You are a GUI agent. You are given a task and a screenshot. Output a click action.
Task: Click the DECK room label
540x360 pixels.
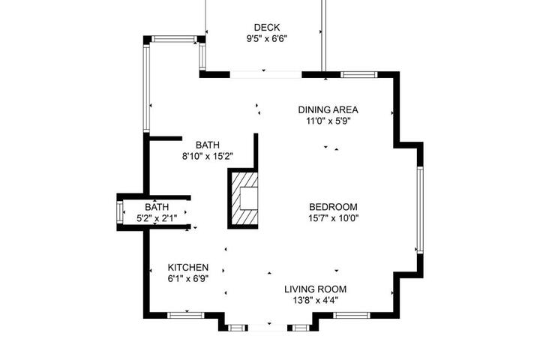(266, 27)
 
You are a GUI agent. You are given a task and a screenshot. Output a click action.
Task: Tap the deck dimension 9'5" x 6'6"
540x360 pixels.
(266, 38)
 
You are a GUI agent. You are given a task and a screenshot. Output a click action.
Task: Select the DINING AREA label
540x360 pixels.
(328, 110)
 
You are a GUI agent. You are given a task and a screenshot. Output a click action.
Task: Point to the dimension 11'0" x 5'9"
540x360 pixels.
(328, 121)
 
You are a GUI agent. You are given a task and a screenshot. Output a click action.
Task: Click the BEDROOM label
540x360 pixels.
(333, 207)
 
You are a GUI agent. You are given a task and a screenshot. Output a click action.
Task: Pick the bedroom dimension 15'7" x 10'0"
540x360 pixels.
(333, 218)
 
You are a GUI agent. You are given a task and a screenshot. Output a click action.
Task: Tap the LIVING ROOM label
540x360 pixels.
(315, 289)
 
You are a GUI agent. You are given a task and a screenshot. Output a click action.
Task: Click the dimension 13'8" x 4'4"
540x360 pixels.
(316, 300)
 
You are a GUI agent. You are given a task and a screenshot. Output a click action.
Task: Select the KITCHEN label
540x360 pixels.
(188, 267)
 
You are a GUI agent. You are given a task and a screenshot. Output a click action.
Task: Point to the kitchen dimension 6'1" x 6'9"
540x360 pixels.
(188, 278)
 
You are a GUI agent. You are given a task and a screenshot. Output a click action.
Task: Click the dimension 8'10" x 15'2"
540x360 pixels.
(208, 156)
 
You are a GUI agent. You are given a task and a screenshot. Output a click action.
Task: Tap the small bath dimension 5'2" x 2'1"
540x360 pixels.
(157, 218)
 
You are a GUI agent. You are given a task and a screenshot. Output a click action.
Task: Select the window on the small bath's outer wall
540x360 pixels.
(120, 212)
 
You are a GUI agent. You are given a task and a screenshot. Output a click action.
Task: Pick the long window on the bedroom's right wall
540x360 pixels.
(420, 210)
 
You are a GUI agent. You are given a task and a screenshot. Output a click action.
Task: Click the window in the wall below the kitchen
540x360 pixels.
(186, 315)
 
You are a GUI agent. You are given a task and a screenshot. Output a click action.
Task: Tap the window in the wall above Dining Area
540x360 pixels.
(358, 75)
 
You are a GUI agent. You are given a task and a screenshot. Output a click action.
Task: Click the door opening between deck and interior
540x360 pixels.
(265, 75)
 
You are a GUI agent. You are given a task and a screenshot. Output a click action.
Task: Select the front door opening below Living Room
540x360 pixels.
(268, 328)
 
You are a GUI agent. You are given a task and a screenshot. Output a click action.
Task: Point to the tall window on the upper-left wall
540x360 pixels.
(146, 88)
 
